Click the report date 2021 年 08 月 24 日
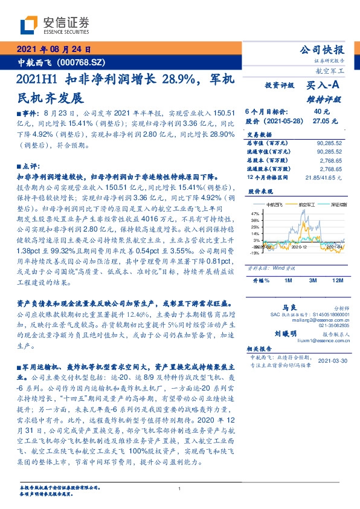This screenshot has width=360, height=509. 54,50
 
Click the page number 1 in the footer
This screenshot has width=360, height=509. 180,489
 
